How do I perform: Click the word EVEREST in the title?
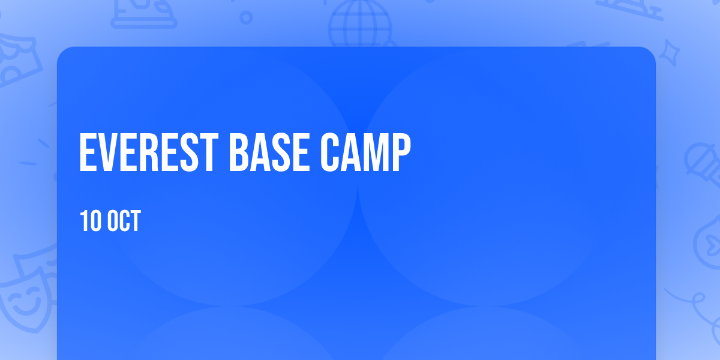(149, 152)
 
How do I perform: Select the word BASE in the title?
(269, 152)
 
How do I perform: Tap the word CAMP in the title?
(365, 152)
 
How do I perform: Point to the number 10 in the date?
(91, 221)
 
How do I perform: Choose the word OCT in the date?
(124, 221)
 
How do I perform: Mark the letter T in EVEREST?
(208, 152)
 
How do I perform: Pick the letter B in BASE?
(238, 152)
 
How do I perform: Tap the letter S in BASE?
(280, 152)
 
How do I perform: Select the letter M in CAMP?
(374, 152)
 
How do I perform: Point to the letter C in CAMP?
(330, 152)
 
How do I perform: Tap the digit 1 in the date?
(83, 221)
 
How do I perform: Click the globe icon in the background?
(360, 24)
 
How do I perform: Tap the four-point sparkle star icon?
(669, 53)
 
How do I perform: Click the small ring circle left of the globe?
(246, 17)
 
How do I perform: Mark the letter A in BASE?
(259, 152)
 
